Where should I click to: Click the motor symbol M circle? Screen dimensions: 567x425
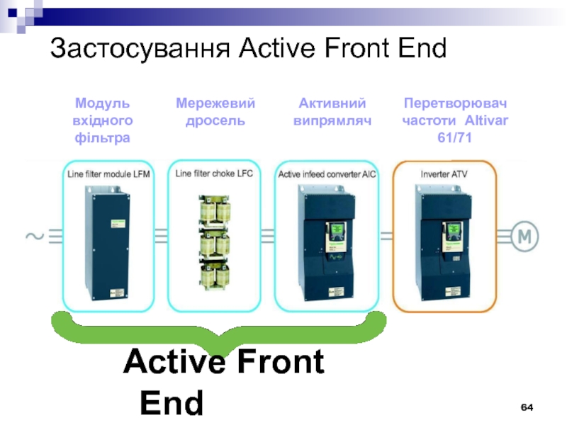click(523, 237)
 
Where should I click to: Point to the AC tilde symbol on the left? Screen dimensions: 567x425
click(34, 236)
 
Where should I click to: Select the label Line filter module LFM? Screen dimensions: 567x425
click(108, 173)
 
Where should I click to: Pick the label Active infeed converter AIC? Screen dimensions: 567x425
click(327, 173)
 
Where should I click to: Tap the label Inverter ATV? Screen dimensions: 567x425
click(444, 173)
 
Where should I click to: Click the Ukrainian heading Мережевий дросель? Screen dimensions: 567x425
click(215, 112)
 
